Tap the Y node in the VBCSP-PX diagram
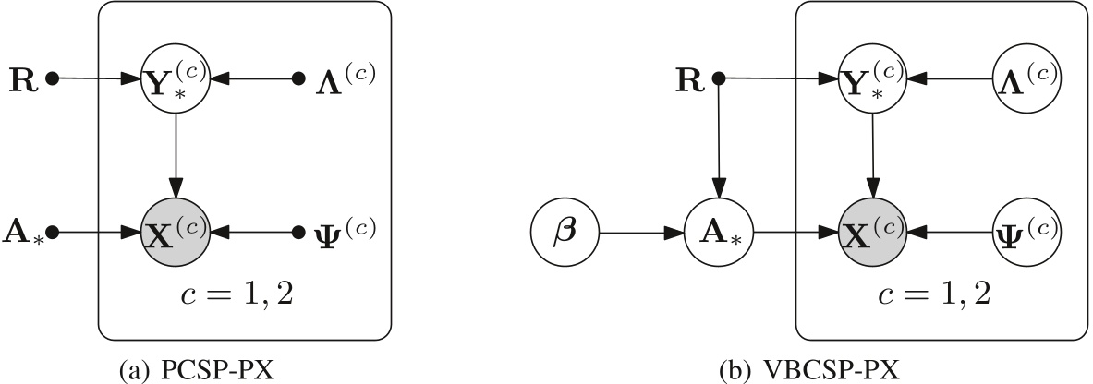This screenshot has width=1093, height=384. (873, 79)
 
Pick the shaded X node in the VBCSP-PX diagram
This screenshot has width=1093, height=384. (873, 230)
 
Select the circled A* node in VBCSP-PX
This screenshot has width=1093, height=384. (719, 230)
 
